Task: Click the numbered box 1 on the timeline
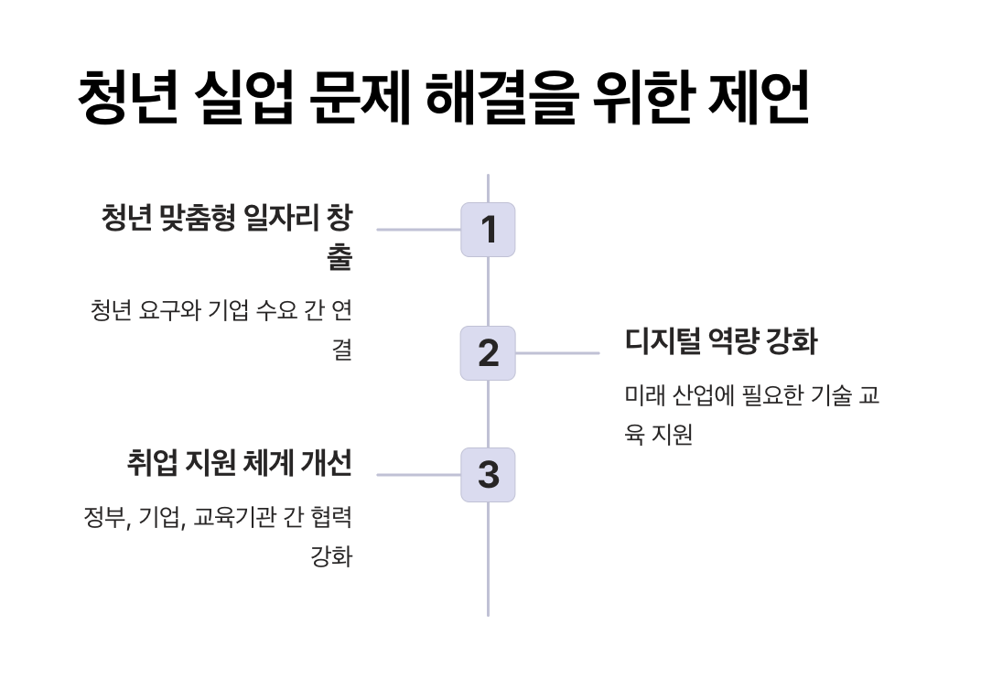point(488,230)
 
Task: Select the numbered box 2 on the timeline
point(488,353)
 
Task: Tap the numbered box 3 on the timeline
point(488,475)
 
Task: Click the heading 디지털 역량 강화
point(721,342)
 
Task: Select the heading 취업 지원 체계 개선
point(239,463)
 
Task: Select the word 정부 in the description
point(103,518)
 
